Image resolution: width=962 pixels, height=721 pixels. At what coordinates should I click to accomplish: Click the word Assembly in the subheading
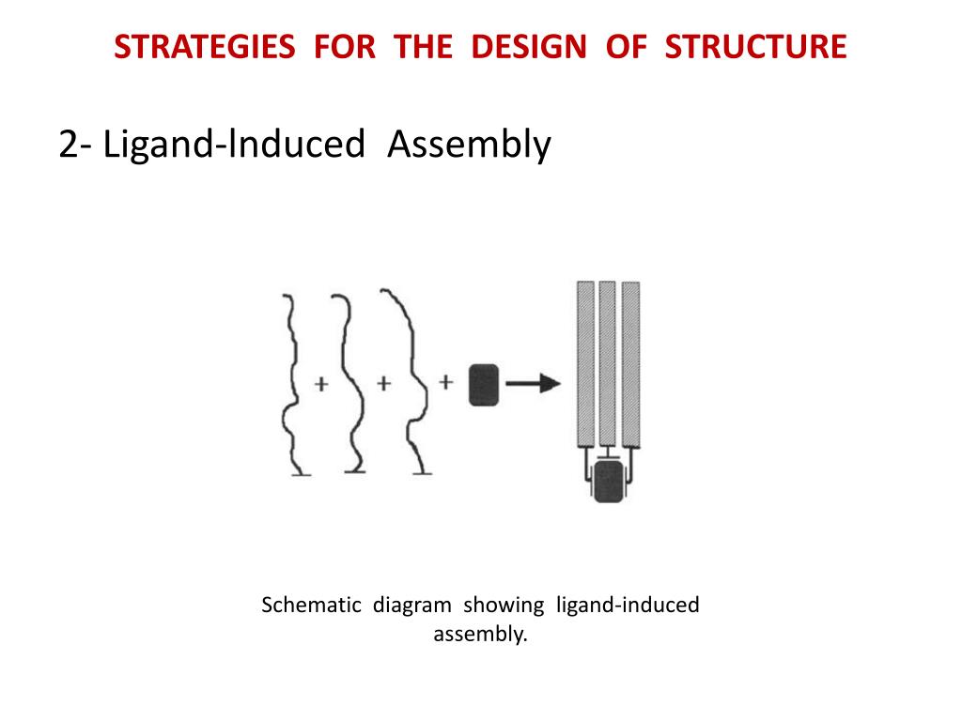tap(469, 145)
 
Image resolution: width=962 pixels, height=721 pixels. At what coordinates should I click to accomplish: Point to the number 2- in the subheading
tap(75, 145)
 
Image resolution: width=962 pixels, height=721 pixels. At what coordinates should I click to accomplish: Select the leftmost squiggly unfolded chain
tap(291, 385)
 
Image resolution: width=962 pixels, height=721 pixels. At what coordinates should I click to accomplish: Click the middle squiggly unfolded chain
tap(349, 385)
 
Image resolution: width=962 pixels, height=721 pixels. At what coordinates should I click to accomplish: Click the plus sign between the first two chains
tap(320, 384)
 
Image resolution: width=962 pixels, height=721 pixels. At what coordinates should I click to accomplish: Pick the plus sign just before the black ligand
tap(446, 382)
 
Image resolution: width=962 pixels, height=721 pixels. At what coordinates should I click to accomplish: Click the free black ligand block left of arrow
tap(483, 384)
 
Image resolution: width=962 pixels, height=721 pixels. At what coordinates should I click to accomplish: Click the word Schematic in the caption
tap(311, 605)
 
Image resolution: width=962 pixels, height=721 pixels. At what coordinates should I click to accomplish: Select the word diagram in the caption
tap(411, 605)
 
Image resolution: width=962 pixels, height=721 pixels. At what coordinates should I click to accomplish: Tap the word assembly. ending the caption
tap(480, 634)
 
